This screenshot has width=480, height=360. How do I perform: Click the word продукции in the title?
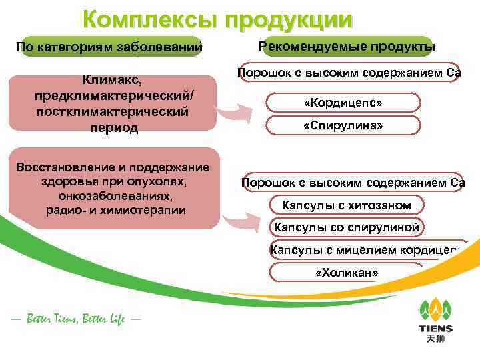(x=289, y=19)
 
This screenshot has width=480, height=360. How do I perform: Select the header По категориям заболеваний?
(x=109, y=47)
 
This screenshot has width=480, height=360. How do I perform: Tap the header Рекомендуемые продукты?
(x=347, y=47)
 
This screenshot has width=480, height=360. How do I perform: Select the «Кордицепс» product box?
(x=343, y=103)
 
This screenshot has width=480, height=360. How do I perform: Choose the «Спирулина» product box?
(x=343, y=126)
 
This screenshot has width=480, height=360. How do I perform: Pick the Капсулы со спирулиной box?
(x=347, y=227)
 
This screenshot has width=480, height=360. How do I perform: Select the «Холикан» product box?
(x=347, y=273)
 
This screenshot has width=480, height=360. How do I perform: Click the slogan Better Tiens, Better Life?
(x=75, y=319)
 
